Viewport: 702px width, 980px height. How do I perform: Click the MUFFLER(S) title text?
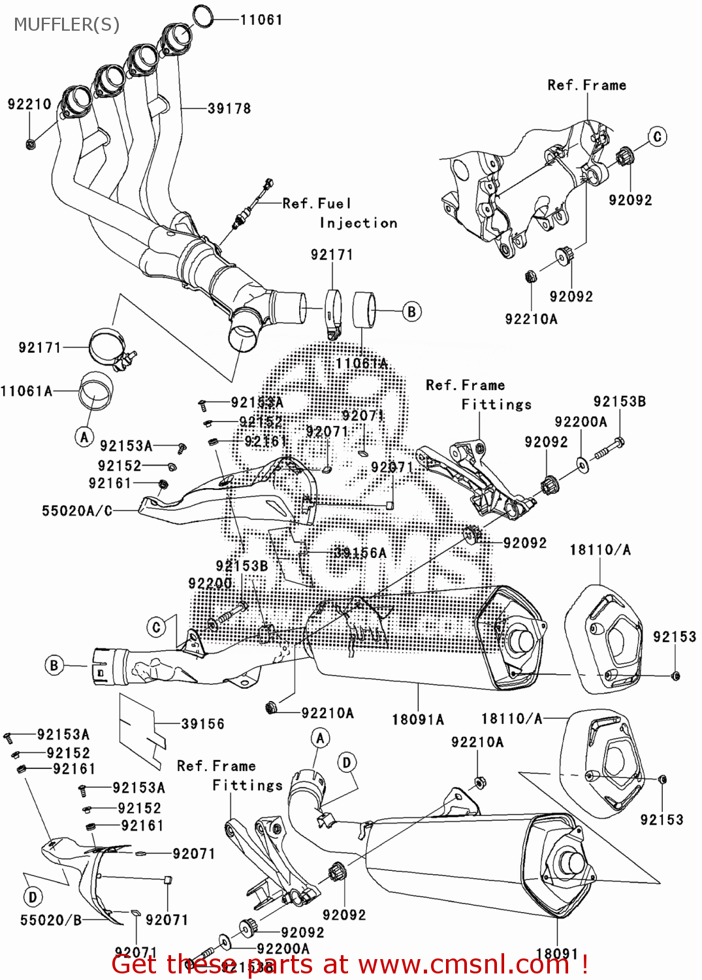pos(67,25)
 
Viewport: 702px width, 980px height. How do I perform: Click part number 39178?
pos(229,108)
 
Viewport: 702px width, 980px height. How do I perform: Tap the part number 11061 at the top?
pos(261,20)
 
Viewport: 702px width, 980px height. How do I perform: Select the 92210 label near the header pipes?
pos(29,104)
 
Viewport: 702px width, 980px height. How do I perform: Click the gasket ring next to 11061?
pos(204,16)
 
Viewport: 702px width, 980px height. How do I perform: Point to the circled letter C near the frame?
pos(657,137)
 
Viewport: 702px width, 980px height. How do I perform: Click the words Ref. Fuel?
pos(317,203)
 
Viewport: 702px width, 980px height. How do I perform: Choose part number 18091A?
pos(418,719)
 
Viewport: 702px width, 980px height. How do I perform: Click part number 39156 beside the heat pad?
pos(202,724)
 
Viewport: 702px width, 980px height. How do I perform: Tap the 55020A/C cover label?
pos(77,510)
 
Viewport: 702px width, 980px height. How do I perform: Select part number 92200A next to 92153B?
pos(581,422)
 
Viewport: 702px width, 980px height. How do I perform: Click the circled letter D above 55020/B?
pos(33,897)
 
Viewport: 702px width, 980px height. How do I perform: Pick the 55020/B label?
pos(51,920)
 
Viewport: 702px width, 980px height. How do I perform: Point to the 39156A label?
pos(360,553)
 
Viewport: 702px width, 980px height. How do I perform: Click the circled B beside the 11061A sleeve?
pos(411,312)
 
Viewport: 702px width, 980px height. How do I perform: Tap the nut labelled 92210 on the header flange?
pos(30,144)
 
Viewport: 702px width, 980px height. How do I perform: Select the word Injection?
pos(359,223)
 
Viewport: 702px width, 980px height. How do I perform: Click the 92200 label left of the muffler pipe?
pos(210,583)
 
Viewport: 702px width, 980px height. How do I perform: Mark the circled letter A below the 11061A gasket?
pos(84,437)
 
